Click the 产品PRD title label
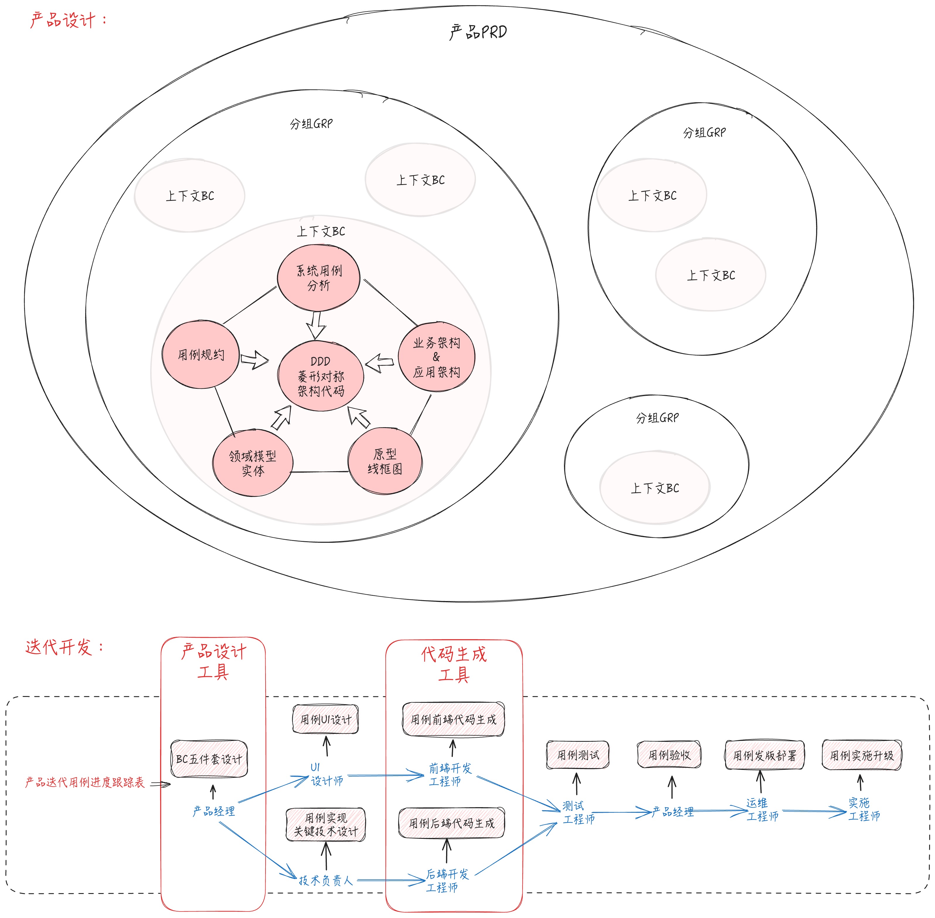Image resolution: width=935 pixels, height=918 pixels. click(478, 32)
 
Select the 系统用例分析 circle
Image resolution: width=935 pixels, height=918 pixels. click(319, 278)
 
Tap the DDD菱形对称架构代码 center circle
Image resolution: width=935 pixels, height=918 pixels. click(320, 376)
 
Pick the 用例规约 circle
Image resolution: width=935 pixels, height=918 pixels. click(200, 355)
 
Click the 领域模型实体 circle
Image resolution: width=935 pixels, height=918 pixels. click(253, 463)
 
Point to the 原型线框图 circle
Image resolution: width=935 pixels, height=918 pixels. click(385, 461)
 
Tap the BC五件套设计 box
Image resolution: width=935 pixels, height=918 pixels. click(209, 759)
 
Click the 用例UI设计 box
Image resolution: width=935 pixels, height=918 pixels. click(326, 719)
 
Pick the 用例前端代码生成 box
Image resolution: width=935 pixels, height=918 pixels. click(453, 719)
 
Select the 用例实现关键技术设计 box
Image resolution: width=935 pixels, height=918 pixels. click(326, 824)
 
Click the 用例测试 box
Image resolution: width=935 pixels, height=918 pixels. click(578, 755)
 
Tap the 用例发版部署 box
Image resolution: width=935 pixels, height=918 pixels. click(764, 755)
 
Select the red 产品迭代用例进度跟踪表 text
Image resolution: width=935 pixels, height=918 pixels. click(85, 782)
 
